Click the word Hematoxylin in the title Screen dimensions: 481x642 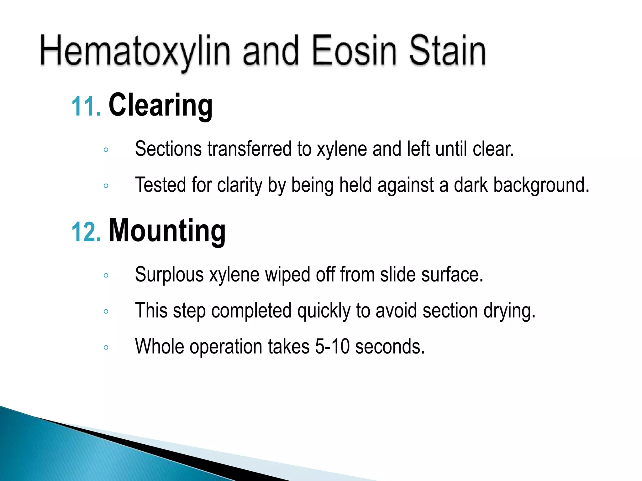pyautogui.click(x=135, y=52)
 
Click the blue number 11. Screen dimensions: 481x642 pyautogui.click(x=86, y=106)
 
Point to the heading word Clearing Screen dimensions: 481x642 pyautogui.click(x=160, y=105)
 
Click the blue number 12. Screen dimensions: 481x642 pyautogui.click(x=86, y=232)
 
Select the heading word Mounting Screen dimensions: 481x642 pyautogui.click(x=167, y=231)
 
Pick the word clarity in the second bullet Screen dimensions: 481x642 pyautogui.click(x=239, y=185)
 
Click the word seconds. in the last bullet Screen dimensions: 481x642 pyautogui.click(x=390, y=347)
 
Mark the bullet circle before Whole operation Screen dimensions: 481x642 pyautogui.click(x=106, y=347)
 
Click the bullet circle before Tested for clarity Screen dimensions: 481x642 pyautogui.click(x=106, y=186)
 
